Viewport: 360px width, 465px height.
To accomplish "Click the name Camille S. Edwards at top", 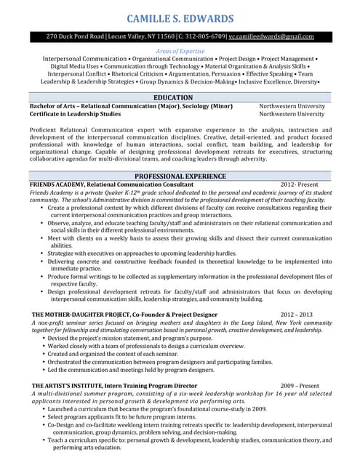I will [x=180, y=18].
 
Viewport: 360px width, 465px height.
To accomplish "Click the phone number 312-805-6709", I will [x=204, y=36].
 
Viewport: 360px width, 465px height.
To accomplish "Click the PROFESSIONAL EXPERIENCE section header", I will [x=180, y=177].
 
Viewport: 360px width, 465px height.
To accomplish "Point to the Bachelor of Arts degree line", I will [x=131, y=106].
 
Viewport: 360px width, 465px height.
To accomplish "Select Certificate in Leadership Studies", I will [x=76, y=115].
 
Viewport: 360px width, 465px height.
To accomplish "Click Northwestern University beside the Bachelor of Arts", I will [x=292, y=106].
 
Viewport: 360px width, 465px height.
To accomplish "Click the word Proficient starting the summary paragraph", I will [x=44, y=129].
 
